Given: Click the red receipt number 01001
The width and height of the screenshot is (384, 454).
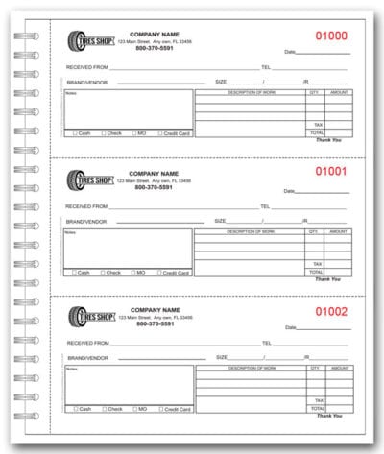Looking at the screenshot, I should pos(328,173).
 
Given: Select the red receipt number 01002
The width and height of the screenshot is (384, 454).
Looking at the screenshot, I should pos(328,311).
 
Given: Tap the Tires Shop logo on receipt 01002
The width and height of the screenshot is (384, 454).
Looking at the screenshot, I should pos(90,317).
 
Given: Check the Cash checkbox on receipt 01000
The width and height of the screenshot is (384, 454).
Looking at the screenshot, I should pos(73,133).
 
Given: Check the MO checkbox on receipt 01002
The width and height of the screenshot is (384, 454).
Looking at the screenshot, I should pos(132,409).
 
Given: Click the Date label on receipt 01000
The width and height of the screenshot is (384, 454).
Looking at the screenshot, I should pos(290,52).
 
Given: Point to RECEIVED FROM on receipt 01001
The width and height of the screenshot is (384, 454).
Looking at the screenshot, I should pos(86,206).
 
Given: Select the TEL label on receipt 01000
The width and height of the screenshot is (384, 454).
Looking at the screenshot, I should pos(266,68).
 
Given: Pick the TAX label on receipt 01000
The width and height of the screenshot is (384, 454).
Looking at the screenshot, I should pos(317,125).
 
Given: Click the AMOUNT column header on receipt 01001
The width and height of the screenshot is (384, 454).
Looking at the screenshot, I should pos(338,231).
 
